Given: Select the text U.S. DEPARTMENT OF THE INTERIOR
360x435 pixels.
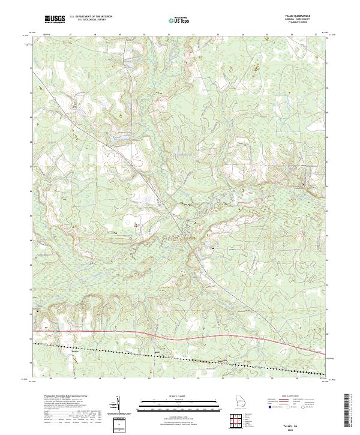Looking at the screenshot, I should (91, 17).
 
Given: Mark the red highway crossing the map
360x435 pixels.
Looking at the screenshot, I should (180, 331).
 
